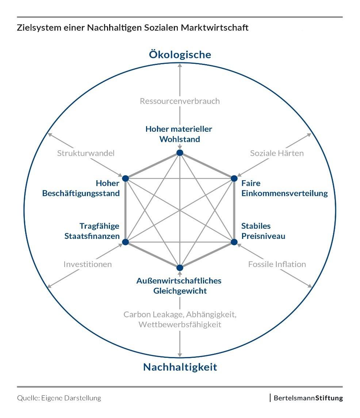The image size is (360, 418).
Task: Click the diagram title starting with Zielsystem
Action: point(133,28)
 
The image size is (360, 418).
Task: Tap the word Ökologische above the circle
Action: point(180,55)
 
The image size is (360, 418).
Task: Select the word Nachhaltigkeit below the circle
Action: point(180,367)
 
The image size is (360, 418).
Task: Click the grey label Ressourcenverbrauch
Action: point(180,101)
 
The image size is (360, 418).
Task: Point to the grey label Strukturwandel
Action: point(86,153)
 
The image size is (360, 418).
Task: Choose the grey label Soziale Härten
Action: point(277,153)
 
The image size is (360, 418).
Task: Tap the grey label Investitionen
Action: point(88,264)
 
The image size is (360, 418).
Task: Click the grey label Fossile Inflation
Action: point(277,264)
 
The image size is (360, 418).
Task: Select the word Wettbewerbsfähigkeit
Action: point(180,324)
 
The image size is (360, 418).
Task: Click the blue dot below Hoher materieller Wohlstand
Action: point(180,153)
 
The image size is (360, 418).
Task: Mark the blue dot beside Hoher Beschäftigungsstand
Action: point(125,178)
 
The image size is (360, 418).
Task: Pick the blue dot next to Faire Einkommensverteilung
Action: point(234,178)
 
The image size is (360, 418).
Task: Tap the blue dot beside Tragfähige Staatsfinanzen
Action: point(125,242)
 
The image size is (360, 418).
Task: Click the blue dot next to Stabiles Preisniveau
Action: point(234,242)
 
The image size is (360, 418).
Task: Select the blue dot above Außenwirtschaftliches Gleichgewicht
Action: point(180,268)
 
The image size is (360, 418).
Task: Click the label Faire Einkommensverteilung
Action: point(284,188)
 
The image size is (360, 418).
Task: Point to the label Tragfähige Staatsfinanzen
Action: point(92,231)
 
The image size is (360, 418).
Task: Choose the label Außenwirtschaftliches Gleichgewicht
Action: point(179,286)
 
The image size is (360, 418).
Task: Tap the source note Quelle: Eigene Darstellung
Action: point(59,398)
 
